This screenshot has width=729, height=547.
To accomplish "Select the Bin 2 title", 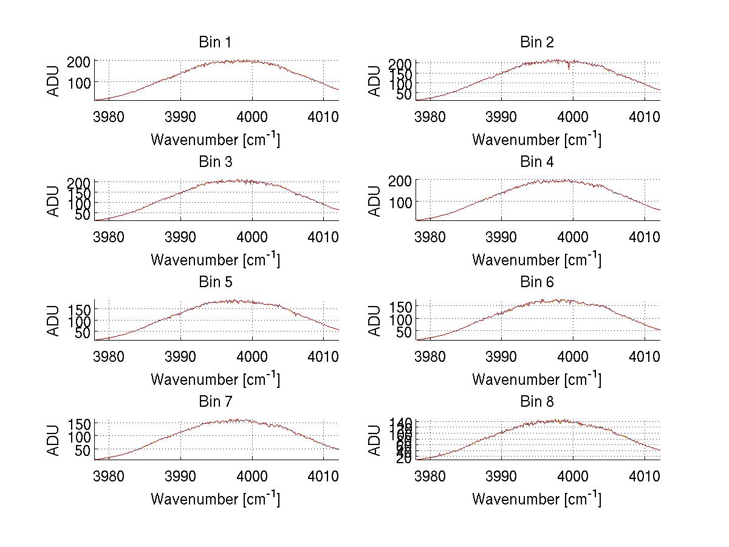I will (536, 42).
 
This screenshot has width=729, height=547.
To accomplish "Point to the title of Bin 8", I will (536, 402).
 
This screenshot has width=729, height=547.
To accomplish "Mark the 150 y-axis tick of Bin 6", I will (402, 305).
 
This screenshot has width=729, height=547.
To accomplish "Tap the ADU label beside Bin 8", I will (375, 439).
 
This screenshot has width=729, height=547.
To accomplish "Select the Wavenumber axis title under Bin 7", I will (215, 498).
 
